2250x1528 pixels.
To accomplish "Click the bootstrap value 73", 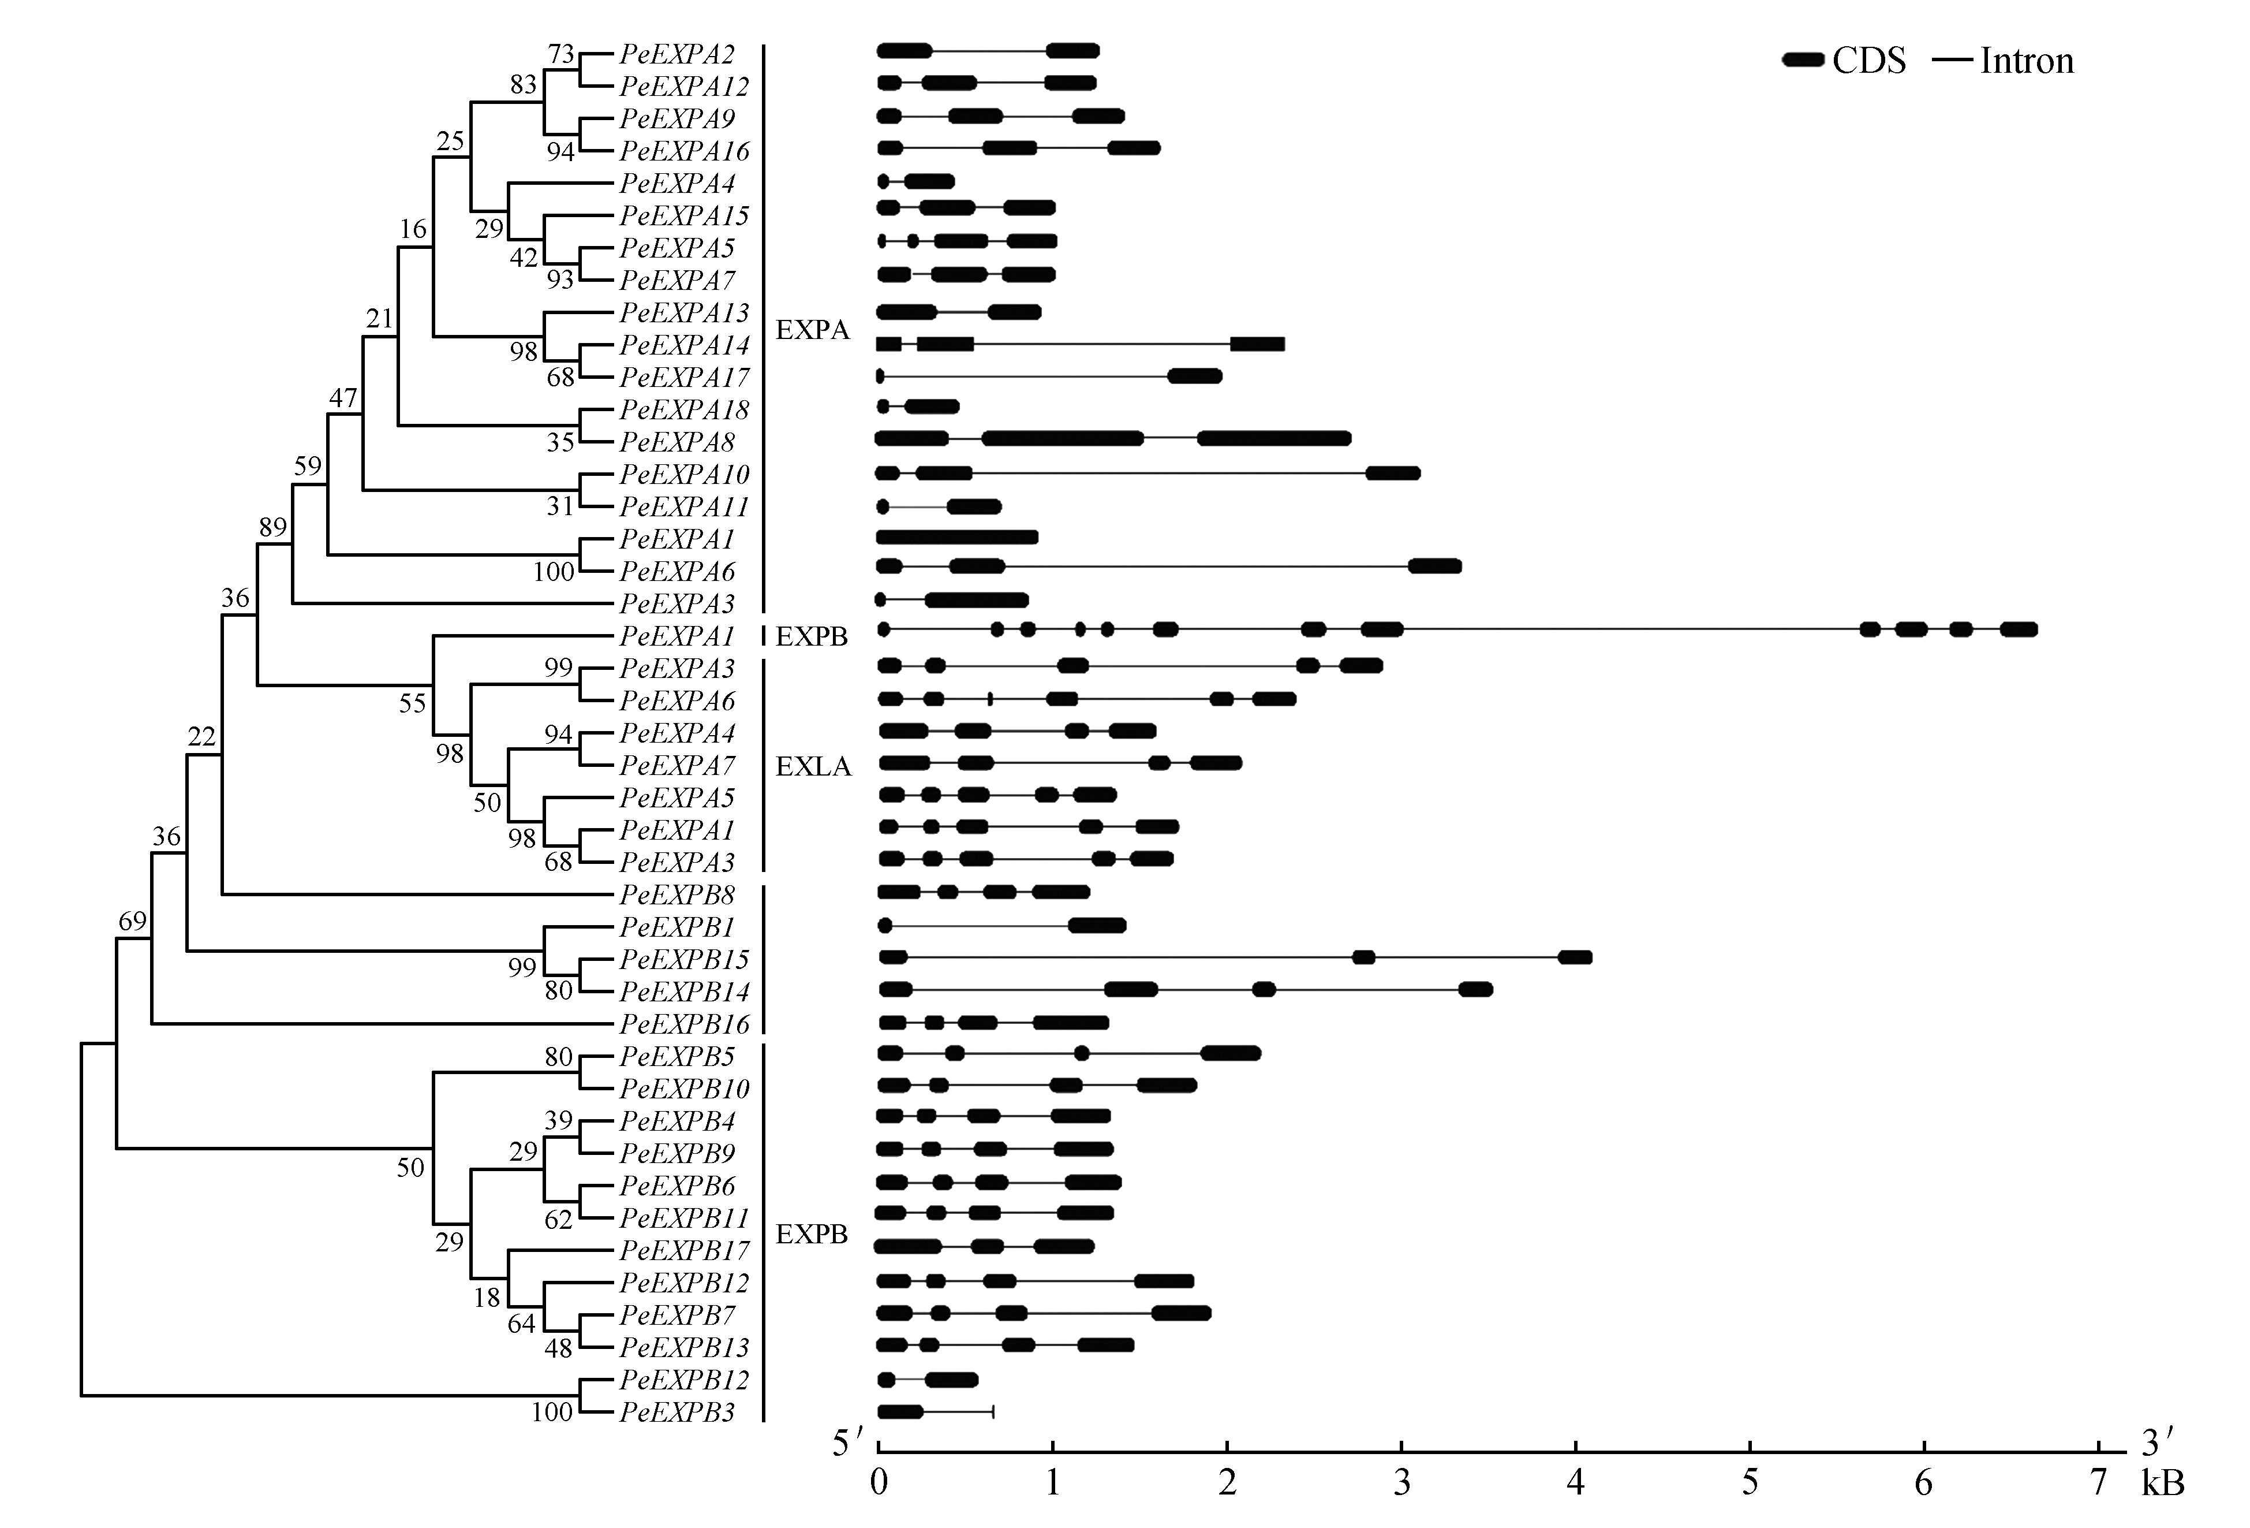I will (562, 54).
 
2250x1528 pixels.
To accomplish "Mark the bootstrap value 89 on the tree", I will (273, 528).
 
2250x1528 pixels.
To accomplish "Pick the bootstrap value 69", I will (133, 921).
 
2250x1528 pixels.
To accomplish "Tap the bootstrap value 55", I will (413, 703).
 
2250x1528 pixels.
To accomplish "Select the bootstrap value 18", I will (487, 1296).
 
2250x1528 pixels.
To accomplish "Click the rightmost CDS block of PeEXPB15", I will (1574, 957).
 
